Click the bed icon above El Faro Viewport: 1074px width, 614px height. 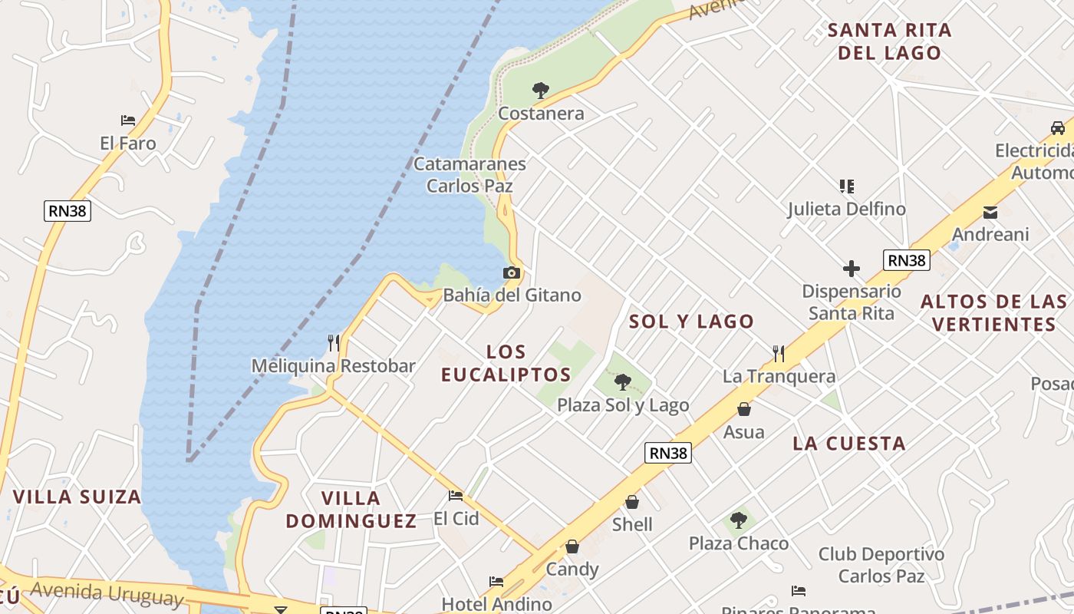coord(128,120)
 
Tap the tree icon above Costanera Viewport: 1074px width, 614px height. coord(541,91)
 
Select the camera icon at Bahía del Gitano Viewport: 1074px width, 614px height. coord(512,272)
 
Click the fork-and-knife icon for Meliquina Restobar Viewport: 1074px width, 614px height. coord(333,343)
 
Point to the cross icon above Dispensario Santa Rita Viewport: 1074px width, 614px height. coord(851,269)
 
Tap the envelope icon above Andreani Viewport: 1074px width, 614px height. coord(990,212)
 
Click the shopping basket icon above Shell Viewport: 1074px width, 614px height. coord(632,502)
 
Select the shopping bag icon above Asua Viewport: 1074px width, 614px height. coord(743,409)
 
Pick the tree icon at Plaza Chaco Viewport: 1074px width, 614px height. coord(738,520)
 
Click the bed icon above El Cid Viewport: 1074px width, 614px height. coord(456,496)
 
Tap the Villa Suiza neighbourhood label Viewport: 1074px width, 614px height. coord(77,497)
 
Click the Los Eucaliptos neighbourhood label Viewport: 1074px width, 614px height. coord(506,363)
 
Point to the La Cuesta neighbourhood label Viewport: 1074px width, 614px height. coord(849,443)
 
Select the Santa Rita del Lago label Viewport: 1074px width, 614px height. coord(890,41)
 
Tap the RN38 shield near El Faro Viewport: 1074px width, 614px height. coord(68,211)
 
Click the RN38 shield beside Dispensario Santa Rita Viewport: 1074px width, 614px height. coord(906,260)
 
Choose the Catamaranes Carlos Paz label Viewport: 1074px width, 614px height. coord(469,175)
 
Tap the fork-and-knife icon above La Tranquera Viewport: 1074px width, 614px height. coord(779,353)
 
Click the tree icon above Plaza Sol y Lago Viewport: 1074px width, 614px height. coord(623,381)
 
